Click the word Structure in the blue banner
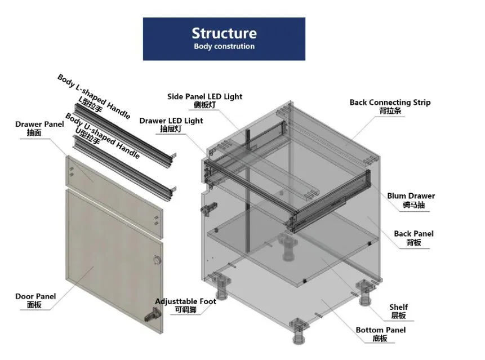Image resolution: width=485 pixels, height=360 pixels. tap(224, 33)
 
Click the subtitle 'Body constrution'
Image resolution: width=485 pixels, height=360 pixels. tap(224, 47)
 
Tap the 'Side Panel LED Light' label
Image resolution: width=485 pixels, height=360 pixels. tap(204, 96)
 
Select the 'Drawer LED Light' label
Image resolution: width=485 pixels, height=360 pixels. tap(171, 121)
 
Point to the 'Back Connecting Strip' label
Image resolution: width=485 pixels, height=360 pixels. tap(390, 103)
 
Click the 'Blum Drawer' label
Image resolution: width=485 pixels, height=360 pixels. tap(411, 196)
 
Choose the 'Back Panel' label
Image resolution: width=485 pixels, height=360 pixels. tap(413, 234)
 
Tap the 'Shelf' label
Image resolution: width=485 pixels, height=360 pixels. tap(398, 308)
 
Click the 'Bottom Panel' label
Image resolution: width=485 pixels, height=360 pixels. tap(380, 330)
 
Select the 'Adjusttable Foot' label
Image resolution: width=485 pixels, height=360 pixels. tap(185, 302)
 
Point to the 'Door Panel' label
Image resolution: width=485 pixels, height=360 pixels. tap(35, 296)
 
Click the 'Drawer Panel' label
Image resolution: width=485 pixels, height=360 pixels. tap(39, 124)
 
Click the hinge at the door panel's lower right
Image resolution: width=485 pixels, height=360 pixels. tap(149, 318)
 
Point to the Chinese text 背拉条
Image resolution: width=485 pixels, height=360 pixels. tap(390, 111)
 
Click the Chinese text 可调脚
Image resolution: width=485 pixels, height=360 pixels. tap(185, 310)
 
